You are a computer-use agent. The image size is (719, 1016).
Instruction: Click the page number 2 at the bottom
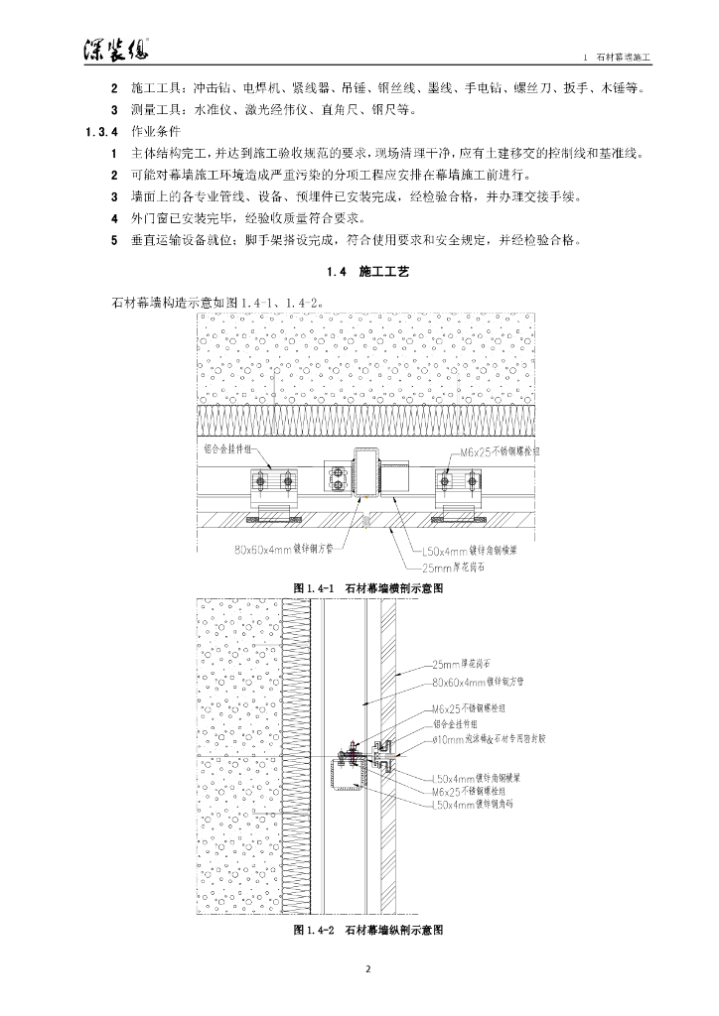(x=366, y=968)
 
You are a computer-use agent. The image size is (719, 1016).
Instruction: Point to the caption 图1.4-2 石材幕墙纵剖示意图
(x=366, y=931)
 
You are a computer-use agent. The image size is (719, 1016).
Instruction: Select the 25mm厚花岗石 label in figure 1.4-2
(x=466, y=664)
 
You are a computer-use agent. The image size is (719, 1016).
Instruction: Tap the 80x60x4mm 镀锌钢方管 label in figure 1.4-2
(x=479, y=683)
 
